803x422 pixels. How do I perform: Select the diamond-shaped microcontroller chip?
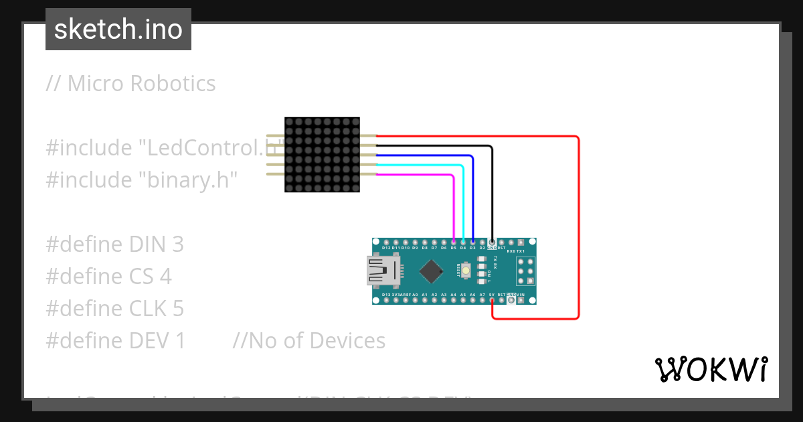tap(432, 271)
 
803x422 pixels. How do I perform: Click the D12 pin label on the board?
tap(386, 248)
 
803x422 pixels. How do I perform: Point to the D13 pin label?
tap(386, 295)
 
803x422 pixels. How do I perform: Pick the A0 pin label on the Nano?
tap(415, 295)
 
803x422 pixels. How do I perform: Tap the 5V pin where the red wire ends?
tap(492, 300)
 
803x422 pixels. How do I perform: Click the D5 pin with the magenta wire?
tap(454, 242)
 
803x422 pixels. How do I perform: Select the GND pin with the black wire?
tap(493, 242)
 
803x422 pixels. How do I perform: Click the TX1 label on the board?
tap(521, 251)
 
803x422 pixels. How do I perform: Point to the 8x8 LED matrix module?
tap(322, 155)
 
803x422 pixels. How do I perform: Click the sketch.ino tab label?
tap(118, 29)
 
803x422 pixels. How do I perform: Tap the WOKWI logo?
tap(711, 369)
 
